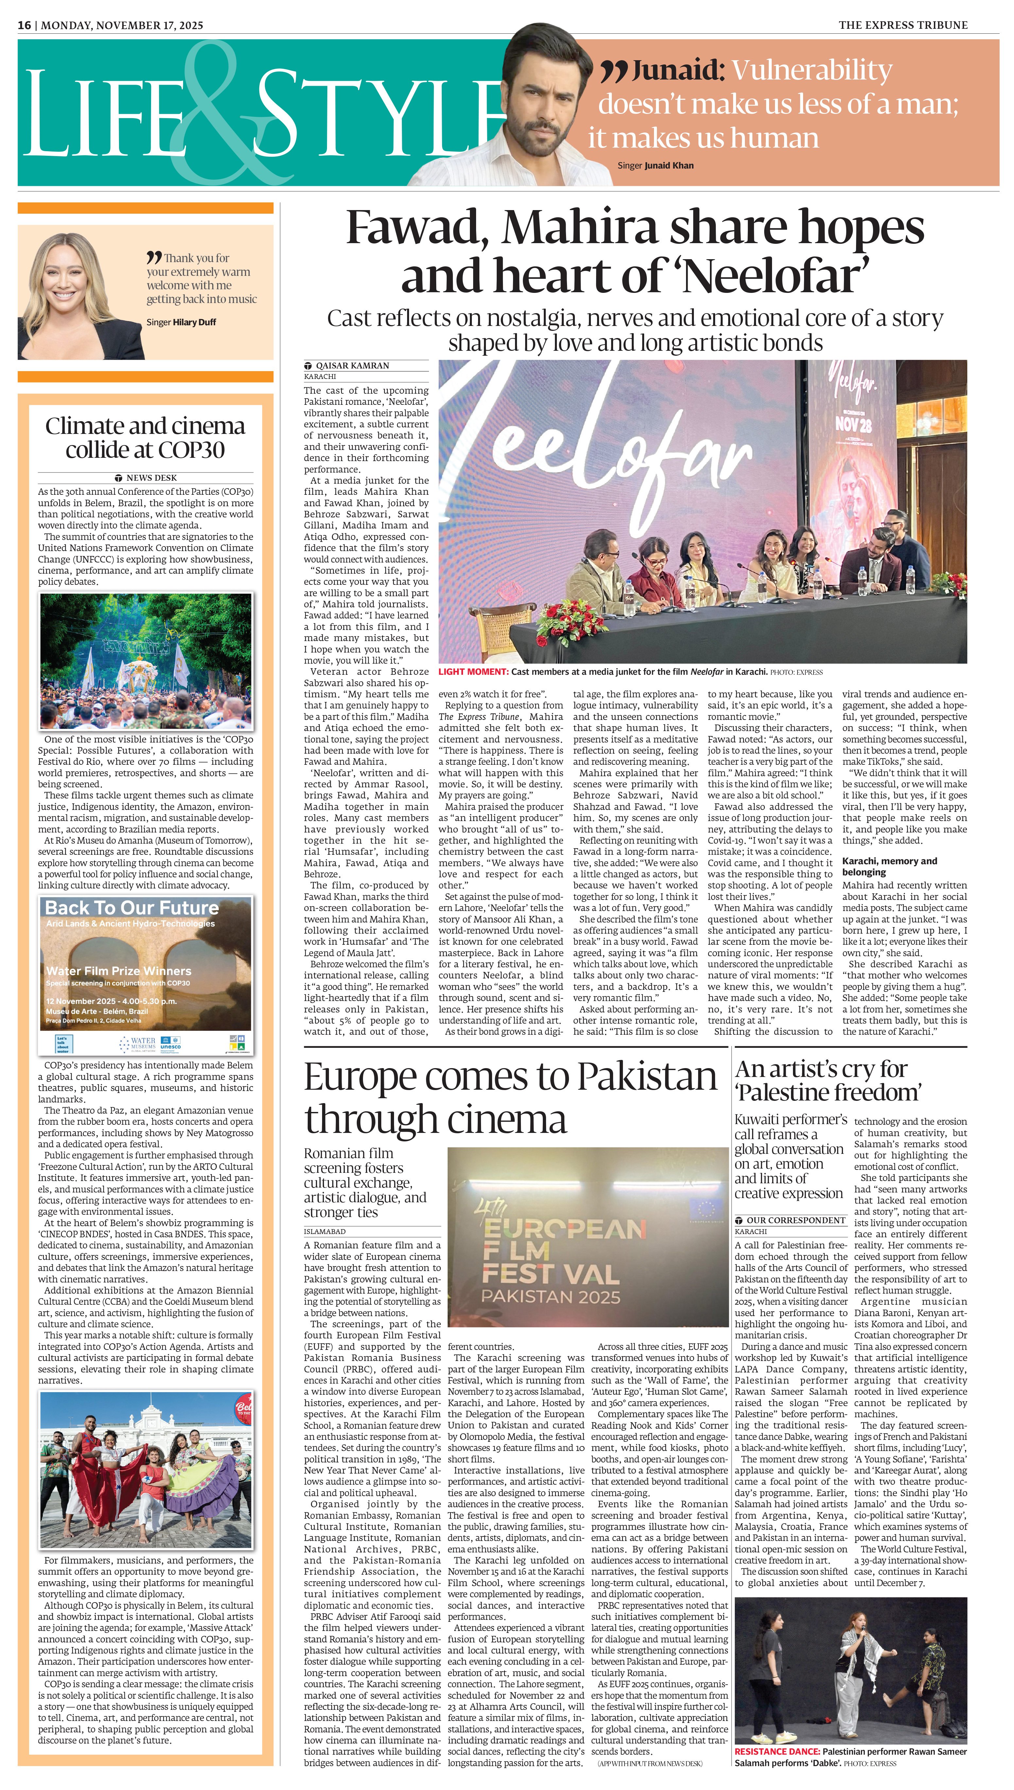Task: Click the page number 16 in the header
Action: pos(25,25)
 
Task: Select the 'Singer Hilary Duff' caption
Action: pos(181,322)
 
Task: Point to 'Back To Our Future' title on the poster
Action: pos(132,908)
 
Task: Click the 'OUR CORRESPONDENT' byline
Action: pos(796,1220)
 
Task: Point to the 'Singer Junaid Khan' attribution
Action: pos(655,166)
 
